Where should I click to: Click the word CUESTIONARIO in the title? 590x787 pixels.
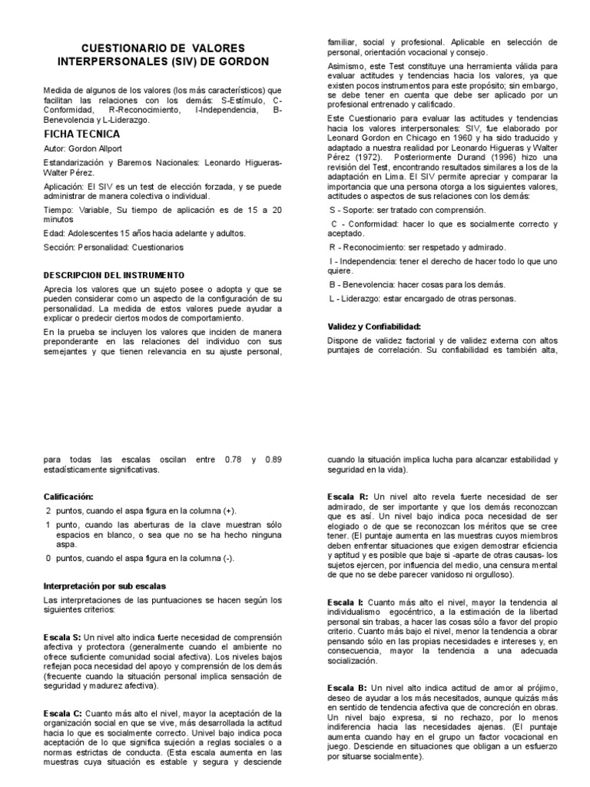click(119, 47)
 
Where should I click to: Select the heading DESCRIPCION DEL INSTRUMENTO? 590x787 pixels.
click(113, 274)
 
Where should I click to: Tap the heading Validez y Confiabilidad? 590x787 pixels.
click(374, 327)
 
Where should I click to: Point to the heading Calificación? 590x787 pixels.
click(68, 497)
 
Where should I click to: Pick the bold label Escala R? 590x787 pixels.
click(347, 497)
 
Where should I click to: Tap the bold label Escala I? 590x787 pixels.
click(346, 602)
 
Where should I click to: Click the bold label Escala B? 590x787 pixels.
click(347, 686)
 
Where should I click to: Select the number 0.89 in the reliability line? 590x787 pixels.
click(273, 459)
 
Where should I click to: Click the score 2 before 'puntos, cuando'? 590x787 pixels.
click(48, 511)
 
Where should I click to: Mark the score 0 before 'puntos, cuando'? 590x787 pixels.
click(48, 557)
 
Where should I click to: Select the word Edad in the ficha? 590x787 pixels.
click(54, 233)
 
